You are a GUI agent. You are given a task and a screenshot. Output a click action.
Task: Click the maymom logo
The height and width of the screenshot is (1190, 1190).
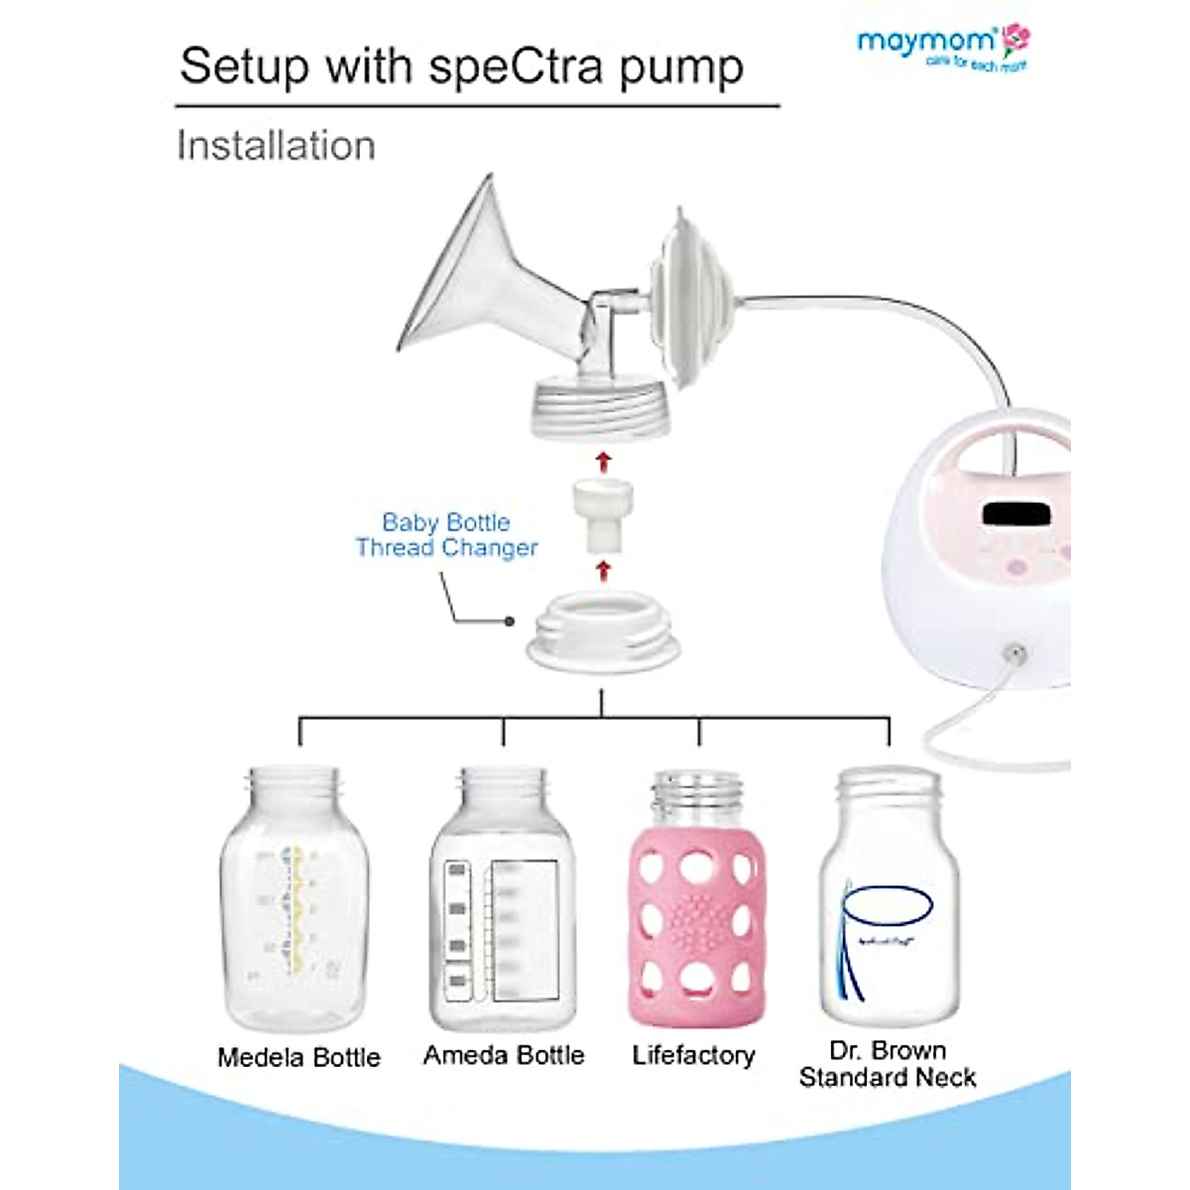(942, 46)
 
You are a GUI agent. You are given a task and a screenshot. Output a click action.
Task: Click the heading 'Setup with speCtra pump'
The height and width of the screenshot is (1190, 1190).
(461, 65)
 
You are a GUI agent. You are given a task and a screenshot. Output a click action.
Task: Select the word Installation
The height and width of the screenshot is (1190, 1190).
(276, 146)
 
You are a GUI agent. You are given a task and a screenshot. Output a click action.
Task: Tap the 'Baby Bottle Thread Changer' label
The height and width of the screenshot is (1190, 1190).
(446, 535)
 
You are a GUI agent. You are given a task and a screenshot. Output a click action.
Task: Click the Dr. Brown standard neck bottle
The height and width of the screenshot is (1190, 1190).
(889, 897)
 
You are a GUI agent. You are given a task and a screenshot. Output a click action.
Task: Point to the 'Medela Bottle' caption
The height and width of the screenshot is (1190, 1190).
(298, 1057)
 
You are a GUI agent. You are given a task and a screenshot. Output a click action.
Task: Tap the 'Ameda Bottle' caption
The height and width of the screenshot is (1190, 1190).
(504, 1055)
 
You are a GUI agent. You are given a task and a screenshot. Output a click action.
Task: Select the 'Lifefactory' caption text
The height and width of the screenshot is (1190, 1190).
(693, 1055)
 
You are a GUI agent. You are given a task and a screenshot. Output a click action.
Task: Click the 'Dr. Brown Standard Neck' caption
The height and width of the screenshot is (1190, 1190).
(888, 1063)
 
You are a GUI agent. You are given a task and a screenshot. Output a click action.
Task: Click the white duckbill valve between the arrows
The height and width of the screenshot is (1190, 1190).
(602, 516)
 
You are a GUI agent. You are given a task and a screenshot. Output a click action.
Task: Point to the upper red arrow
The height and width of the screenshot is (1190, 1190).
(602, 460)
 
